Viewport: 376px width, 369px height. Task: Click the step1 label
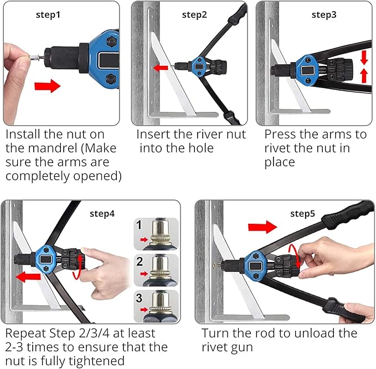click(x=64, y=15)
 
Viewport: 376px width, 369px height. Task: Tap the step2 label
click(x=194, y=15)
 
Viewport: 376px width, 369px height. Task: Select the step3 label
click(x=324, y=15)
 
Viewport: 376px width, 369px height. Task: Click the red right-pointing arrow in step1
click(x=47, y=86)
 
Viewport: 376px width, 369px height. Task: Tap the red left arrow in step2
click(x=162, y=68)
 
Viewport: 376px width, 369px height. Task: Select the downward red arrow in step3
click(x=364, y=57)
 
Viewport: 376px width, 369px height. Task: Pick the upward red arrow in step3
click(x=364, y=76)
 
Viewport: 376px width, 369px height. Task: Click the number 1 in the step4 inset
click(x=140, y=226)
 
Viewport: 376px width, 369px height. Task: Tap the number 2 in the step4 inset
click(x=140, y=262)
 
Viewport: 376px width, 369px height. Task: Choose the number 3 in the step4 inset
click(x=140, y=298)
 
